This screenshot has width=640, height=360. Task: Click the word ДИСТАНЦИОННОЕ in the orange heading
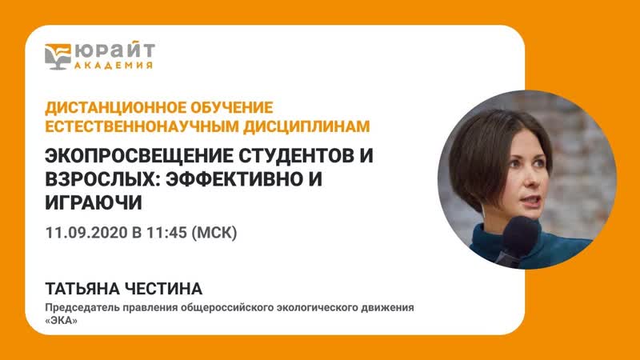(x=107, y=107)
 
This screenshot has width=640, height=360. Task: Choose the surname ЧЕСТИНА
(x=171, y=290)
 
